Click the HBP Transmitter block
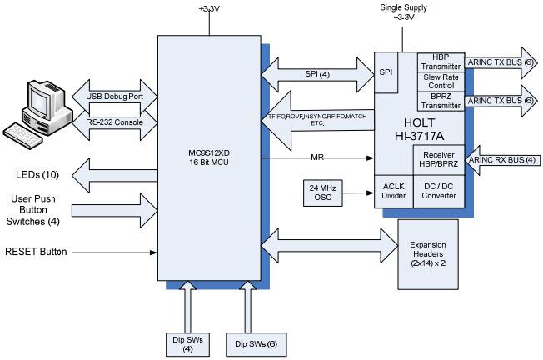[x=441, y=62]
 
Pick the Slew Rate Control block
[x=441, y=82]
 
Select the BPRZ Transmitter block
[x=441, y=101]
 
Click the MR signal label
[x=317, y=156]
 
